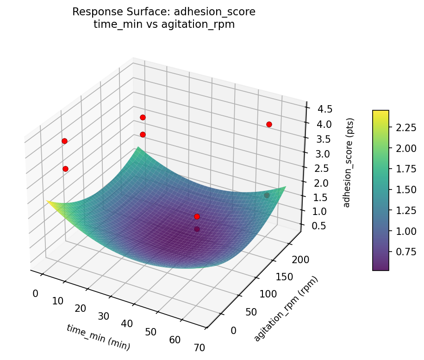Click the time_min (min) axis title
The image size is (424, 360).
pos(98,337)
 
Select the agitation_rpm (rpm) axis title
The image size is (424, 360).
pos(286,309)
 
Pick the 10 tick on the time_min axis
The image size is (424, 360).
pos(57,301)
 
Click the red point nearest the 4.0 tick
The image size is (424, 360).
pos(269,124)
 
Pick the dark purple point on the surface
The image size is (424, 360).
pos(197,229)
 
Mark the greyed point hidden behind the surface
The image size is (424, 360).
pos(267,196)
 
